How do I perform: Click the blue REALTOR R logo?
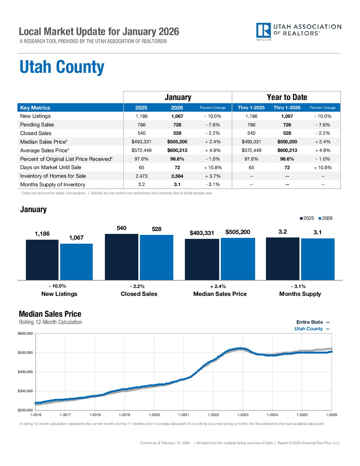point(263,31)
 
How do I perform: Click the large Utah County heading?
point(62,67)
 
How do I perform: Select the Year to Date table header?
point(287,97)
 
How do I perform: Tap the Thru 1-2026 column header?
point(287,108)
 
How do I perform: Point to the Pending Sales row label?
point(37,125)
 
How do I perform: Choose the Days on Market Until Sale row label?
point(51,167)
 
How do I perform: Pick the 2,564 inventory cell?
point(177,176)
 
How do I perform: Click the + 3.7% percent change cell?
point(212,176)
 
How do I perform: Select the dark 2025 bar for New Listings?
point(42,260)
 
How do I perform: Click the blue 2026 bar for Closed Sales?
point(157,257)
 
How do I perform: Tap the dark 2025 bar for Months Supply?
point(283,259)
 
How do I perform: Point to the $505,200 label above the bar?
point(238,232)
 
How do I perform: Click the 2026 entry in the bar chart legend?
point(325,218)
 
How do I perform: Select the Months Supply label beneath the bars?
point(300,294)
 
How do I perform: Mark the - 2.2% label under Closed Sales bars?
point(137,286)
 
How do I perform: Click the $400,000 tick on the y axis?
point(25,372)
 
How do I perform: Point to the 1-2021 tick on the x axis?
point(184,415)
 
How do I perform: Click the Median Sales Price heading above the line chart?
point(50,314)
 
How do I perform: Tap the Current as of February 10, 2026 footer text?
point(165,443)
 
